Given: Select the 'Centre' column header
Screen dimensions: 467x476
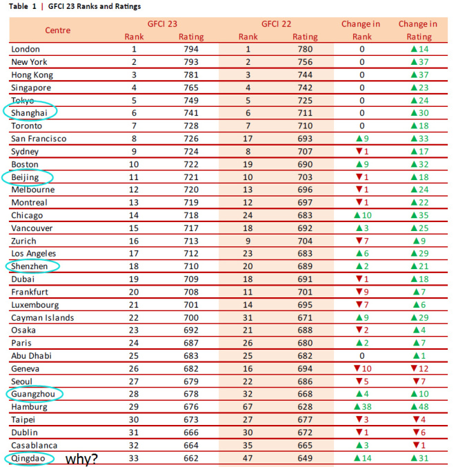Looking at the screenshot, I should coord(58,30).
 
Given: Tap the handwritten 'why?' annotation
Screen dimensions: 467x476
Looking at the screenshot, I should coord(81,459).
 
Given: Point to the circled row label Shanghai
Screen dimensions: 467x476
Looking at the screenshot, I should coord(30,113).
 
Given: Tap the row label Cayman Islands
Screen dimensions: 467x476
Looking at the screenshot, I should coord(43,318).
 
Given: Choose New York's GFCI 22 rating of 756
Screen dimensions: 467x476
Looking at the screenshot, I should coord(305,62).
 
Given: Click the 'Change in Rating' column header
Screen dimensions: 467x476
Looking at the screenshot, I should coord(418,30).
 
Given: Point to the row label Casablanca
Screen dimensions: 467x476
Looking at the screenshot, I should coord(35,446).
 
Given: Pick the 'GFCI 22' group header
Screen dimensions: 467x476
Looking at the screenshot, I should coord(276,24).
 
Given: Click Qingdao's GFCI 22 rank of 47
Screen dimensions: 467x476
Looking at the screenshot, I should coord(248,458).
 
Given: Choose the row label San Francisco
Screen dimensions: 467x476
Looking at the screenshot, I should coord(39,139).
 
